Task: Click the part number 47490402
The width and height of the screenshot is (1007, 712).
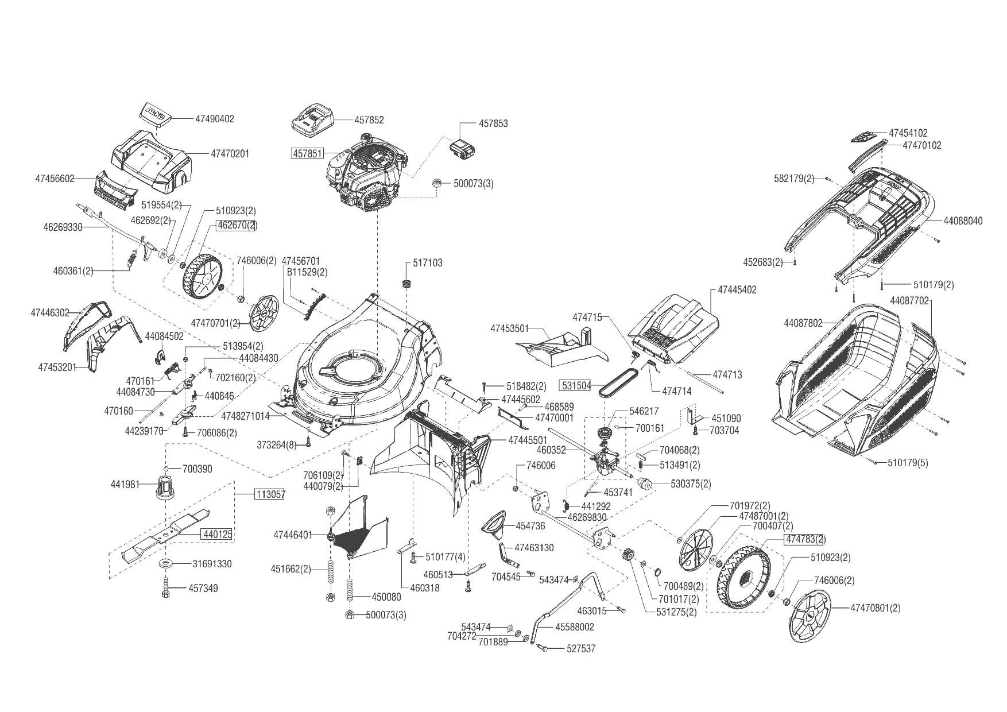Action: tap(215, 119)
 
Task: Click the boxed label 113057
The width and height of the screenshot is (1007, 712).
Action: tap(269, 494)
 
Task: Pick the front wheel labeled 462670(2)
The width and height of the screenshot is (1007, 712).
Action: tap(202, 277)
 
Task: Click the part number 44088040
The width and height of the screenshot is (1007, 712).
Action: tap(963, 220)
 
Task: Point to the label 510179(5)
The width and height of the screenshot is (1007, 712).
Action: tap(908, 463)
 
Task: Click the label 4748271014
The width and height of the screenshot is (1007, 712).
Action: tap(245, 416)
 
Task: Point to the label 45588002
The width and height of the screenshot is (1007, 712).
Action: tap(575, 627)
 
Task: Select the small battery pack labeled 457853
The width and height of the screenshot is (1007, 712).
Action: tap(462, 150)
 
